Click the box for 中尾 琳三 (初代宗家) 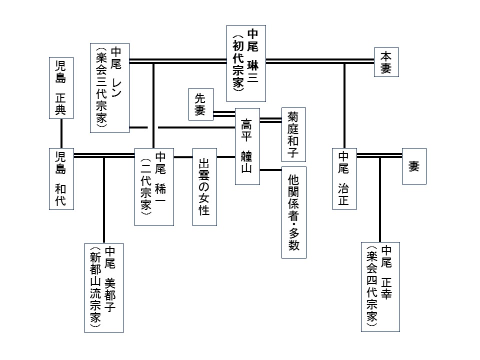pos(246,63)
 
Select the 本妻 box pos(386,62)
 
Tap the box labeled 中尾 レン pos(109,87)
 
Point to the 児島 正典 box pos(61,88)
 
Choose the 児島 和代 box pos(61,179)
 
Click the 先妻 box pos(200,104)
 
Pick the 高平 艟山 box pos(247,146)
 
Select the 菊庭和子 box pos(293,134)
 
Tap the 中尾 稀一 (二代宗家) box pos(154,186)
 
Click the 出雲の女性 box pos(204,186)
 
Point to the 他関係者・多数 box pos(293,212)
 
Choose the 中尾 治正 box pos(344,178)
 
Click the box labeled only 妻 pos(414,166)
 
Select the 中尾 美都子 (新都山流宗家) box pos(104,287)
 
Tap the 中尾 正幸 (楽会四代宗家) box pos(380,286)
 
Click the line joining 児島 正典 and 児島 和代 pos(61,133)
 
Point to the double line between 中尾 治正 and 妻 pos(379,155)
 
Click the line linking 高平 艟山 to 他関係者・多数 pos(270,170)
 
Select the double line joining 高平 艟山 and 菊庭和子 pos(270,119)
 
